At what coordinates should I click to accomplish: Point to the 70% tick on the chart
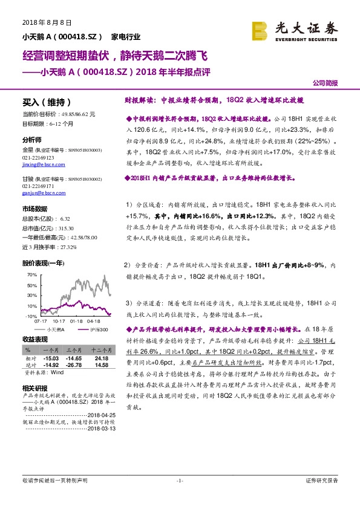[31, 274]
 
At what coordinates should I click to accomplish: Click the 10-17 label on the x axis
[59, 321]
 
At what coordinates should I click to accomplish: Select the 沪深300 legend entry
[98, 329]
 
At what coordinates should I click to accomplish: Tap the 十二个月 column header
[101, 350]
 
